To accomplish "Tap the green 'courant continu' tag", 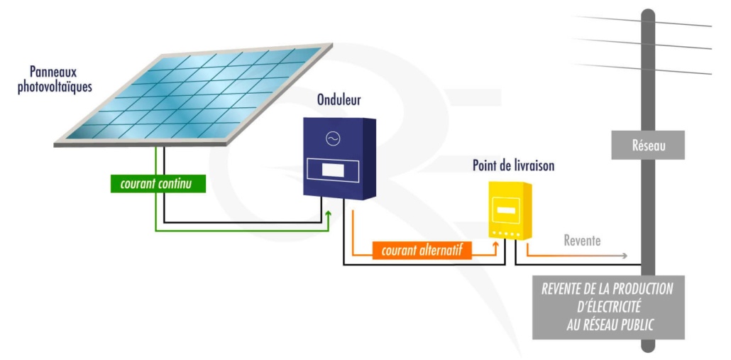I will tap(158, 183).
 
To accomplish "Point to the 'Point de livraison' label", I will tap(513, 166).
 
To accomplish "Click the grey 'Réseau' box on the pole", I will tap(647, 146).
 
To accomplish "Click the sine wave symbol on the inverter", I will tap(331, 138).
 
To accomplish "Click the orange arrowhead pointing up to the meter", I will tap(495, 244).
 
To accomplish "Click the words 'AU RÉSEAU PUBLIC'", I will tap(608, 324).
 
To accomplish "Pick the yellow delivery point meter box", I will tap(509, 210).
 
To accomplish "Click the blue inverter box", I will tap(338, 158).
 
